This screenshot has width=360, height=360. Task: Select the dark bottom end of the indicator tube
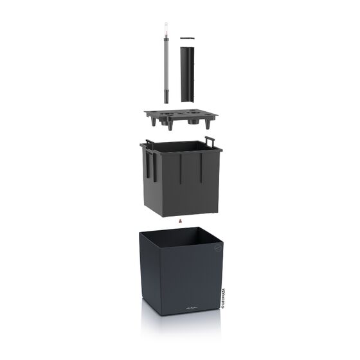pos(166,97)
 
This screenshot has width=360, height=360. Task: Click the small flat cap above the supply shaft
pos(187,39)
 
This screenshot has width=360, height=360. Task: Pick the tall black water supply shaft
pos(187,74)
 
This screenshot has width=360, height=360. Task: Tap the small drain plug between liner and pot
pos(181,222)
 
